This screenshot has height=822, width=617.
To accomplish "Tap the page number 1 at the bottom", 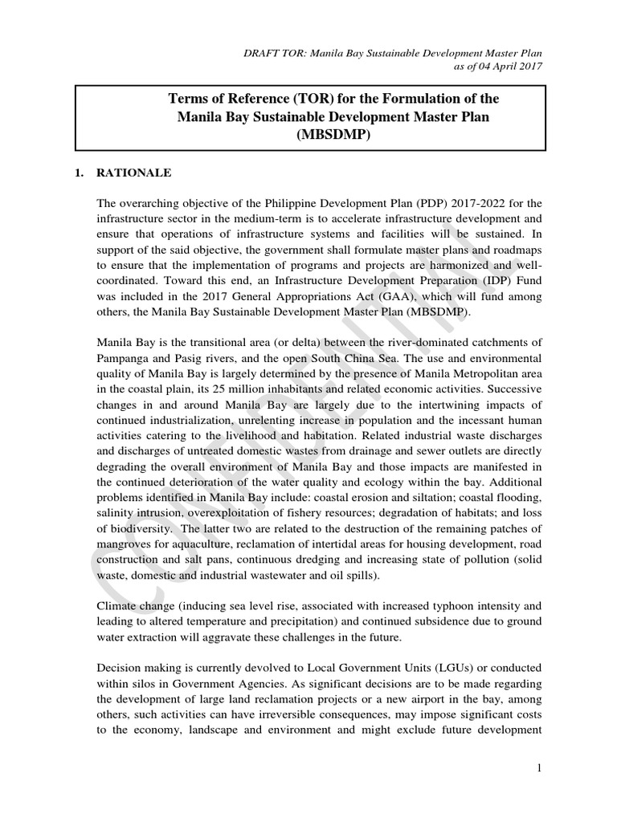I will [x=541, y=768].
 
